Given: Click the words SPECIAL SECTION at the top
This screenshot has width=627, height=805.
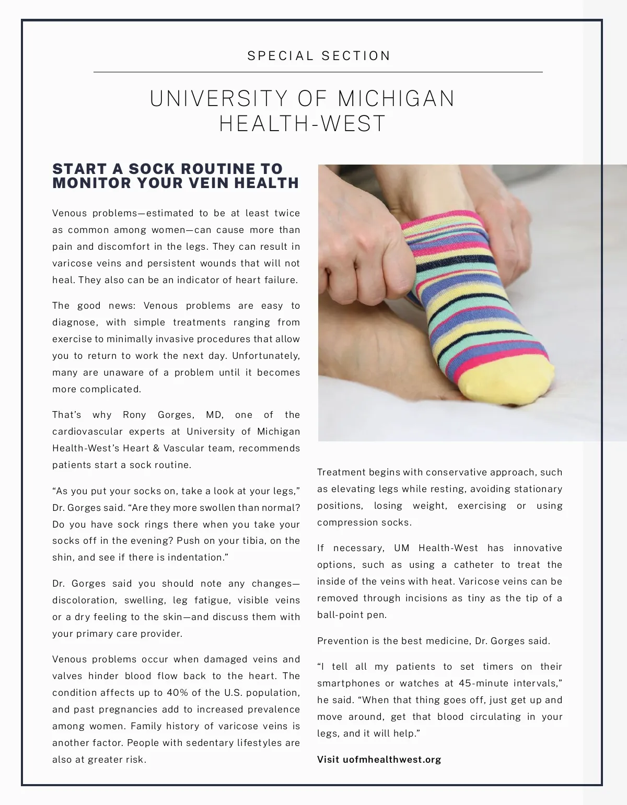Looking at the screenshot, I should [x=319, y=56].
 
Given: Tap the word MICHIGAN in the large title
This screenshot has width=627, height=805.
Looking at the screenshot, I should [x=397, y=99].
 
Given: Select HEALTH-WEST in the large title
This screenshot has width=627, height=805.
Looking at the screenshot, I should [x=302, y=124].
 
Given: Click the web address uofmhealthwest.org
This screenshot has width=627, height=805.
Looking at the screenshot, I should [x=392, y=760].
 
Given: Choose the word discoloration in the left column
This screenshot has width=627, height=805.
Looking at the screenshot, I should [x=84, y=600].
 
